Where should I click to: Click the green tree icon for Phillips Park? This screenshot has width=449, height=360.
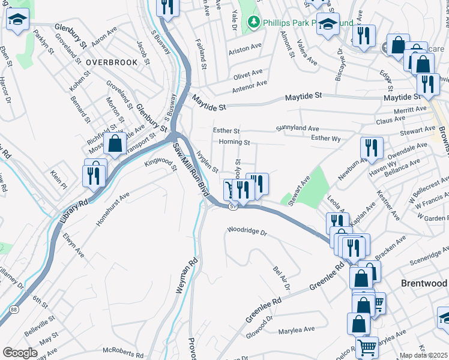coord(255,23)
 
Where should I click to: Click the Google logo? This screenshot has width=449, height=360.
coord(20,352)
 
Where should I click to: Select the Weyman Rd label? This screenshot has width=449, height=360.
coord(184,276)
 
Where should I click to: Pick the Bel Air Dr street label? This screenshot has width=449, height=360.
coord(281,279)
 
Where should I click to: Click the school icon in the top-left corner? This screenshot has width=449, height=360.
coord(18,20)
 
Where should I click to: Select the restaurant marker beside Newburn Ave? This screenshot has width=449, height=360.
coord(372,148)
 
